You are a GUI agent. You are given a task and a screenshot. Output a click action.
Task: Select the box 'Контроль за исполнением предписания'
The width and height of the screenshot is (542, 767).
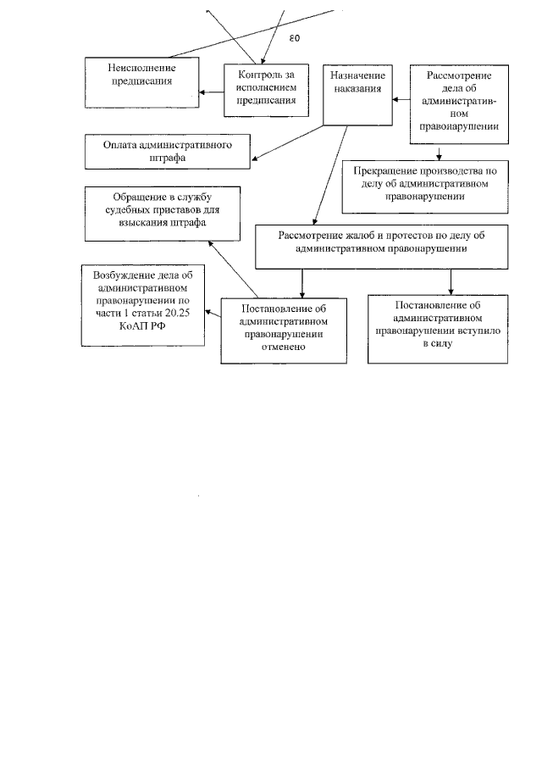click(x=260, y=89)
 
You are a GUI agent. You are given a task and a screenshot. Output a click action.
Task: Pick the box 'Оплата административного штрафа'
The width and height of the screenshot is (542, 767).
click(x=169, y=151)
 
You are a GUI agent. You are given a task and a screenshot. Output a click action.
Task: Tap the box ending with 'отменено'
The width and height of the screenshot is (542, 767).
click(x=283, y=328)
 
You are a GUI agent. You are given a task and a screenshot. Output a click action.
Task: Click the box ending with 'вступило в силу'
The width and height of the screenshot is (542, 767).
click(x=438, y=328)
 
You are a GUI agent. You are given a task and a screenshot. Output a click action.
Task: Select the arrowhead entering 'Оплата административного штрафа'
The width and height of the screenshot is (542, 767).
click(x=257, y=157)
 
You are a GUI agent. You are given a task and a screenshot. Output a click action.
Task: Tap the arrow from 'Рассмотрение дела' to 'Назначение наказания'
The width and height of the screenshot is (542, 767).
click(x=401, y=99)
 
